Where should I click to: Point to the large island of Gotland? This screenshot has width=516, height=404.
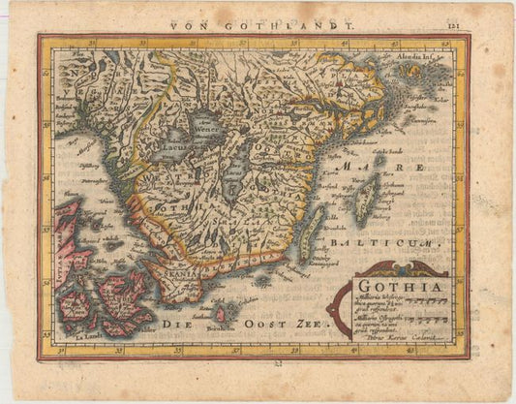pyautogui.click(x=366, y=199)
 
